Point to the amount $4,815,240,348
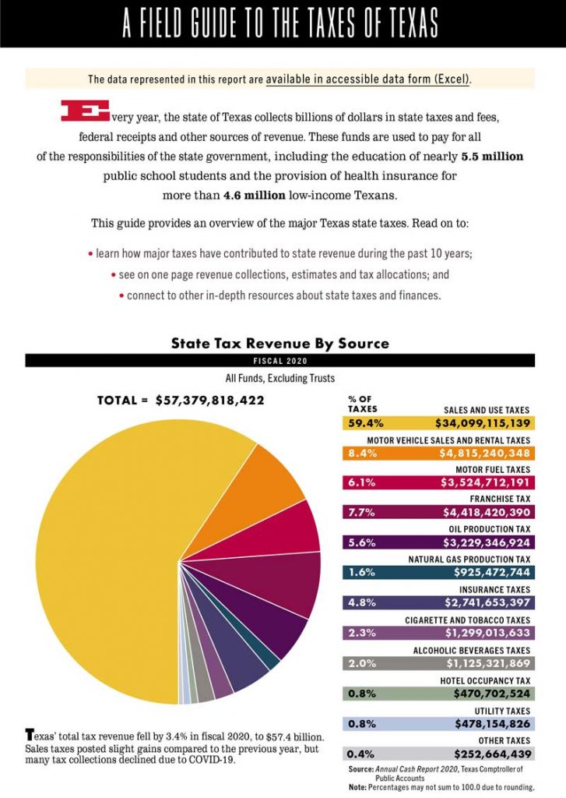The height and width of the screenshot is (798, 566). tap(483, 454)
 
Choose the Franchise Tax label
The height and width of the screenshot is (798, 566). tap(501, 499)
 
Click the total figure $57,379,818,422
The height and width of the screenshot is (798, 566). tap(209, 401)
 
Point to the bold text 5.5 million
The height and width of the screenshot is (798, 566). tap(491, 157)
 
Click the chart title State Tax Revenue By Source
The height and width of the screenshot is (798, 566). tap(279, 343)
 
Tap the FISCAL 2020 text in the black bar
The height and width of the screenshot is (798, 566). tap(279, 361)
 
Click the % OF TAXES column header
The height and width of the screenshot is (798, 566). tap(362, 404)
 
